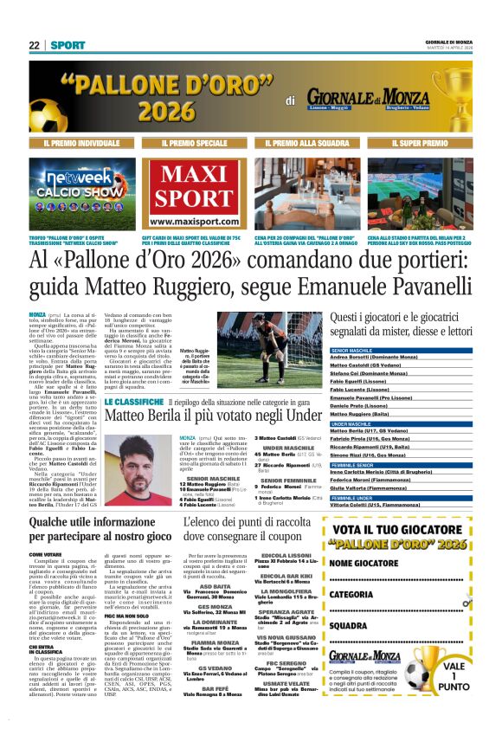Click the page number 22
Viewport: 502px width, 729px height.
[34, 45]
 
